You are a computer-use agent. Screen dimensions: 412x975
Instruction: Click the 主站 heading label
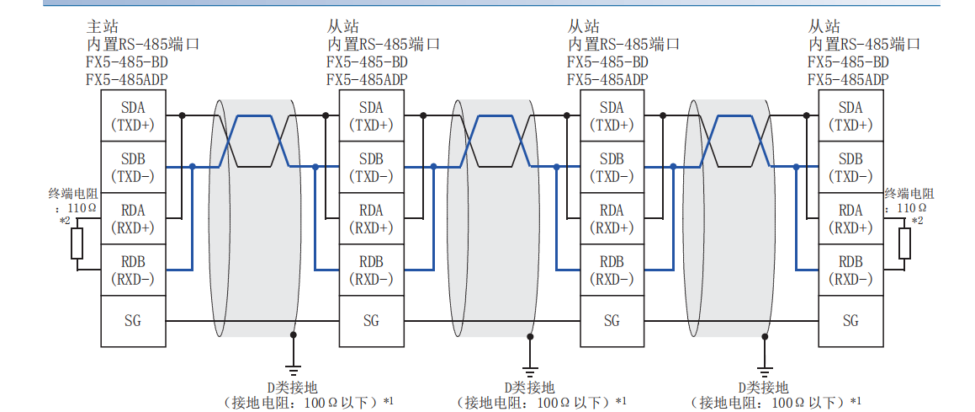101,26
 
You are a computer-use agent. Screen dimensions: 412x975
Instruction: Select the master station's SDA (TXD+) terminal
133,116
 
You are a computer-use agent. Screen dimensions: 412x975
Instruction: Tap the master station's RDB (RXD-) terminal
133,270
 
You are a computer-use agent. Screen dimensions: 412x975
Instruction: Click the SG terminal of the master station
133,320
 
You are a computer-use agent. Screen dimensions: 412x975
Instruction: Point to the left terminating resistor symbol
77,243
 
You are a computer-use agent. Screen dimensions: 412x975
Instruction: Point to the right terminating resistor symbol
905,243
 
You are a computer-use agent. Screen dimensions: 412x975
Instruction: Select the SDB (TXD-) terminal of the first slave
371,168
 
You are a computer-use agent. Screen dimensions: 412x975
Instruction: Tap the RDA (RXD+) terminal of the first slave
371,219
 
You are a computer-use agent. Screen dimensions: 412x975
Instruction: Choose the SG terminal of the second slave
612,320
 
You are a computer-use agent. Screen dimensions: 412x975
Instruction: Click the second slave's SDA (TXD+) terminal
612,116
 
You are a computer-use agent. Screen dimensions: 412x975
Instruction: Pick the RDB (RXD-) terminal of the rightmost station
850,270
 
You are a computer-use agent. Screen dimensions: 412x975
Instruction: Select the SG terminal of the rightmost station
850,320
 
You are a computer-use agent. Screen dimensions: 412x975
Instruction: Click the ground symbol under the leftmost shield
293,368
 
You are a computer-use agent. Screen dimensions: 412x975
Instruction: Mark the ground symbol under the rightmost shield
764,368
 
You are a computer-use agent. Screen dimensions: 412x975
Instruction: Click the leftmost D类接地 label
293,387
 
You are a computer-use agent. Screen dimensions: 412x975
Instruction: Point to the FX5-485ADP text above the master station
127,80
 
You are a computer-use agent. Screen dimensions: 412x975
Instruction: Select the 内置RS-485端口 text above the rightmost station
864,44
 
